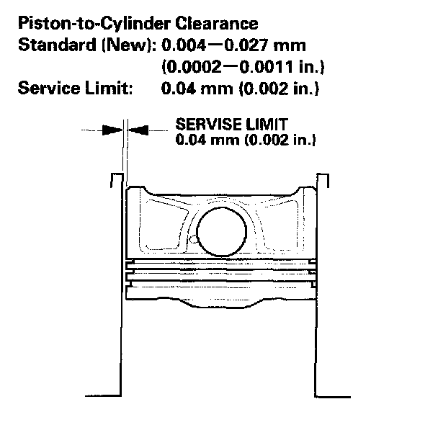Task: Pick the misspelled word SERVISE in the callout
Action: (202, 124)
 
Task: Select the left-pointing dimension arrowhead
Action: (136, 130)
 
